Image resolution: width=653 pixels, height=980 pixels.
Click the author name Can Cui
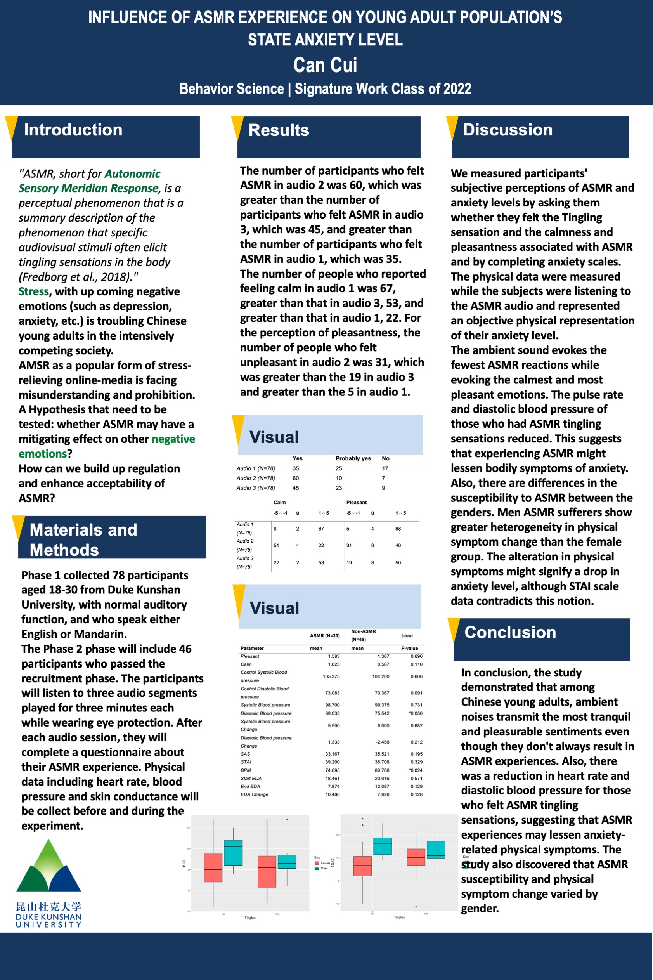tap(325, 65)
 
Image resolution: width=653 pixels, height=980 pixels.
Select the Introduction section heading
tap(73, 130)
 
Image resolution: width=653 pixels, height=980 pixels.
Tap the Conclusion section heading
tap(510, 632)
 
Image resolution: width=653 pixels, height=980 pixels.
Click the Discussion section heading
tap(508, 130)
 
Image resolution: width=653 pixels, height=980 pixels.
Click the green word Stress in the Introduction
tap(34, 291)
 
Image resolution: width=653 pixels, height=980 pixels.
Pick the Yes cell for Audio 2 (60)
tap(296, 478)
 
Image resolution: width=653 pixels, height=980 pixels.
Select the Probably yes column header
tap(353, 458)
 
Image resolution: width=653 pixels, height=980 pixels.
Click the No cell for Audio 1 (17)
tap(385, 468)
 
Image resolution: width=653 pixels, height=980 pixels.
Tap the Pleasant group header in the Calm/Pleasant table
tap(357, 502)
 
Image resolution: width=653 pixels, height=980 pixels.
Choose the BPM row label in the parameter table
tap(246, 770)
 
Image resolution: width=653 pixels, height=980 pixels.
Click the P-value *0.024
tap(416, 770)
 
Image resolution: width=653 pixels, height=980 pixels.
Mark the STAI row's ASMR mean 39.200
tap(333, 762)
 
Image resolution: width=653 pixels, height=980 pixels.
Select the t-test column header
tap(407, 636)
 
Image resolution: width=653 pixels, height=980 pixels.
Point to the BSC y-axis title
tap(184, 864)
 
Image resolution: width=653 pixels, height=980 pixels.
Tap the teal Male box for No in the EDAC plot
tap(382, 846)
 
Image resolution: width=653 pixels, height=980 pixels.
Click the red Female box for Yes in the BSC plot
tap(267, 871)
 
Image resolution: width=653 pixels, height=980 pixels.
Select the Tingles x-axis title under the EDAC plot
tap(399, 917)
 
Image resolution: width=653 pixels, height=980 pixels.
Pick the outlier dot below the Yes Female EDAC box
tap(416, 907)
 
